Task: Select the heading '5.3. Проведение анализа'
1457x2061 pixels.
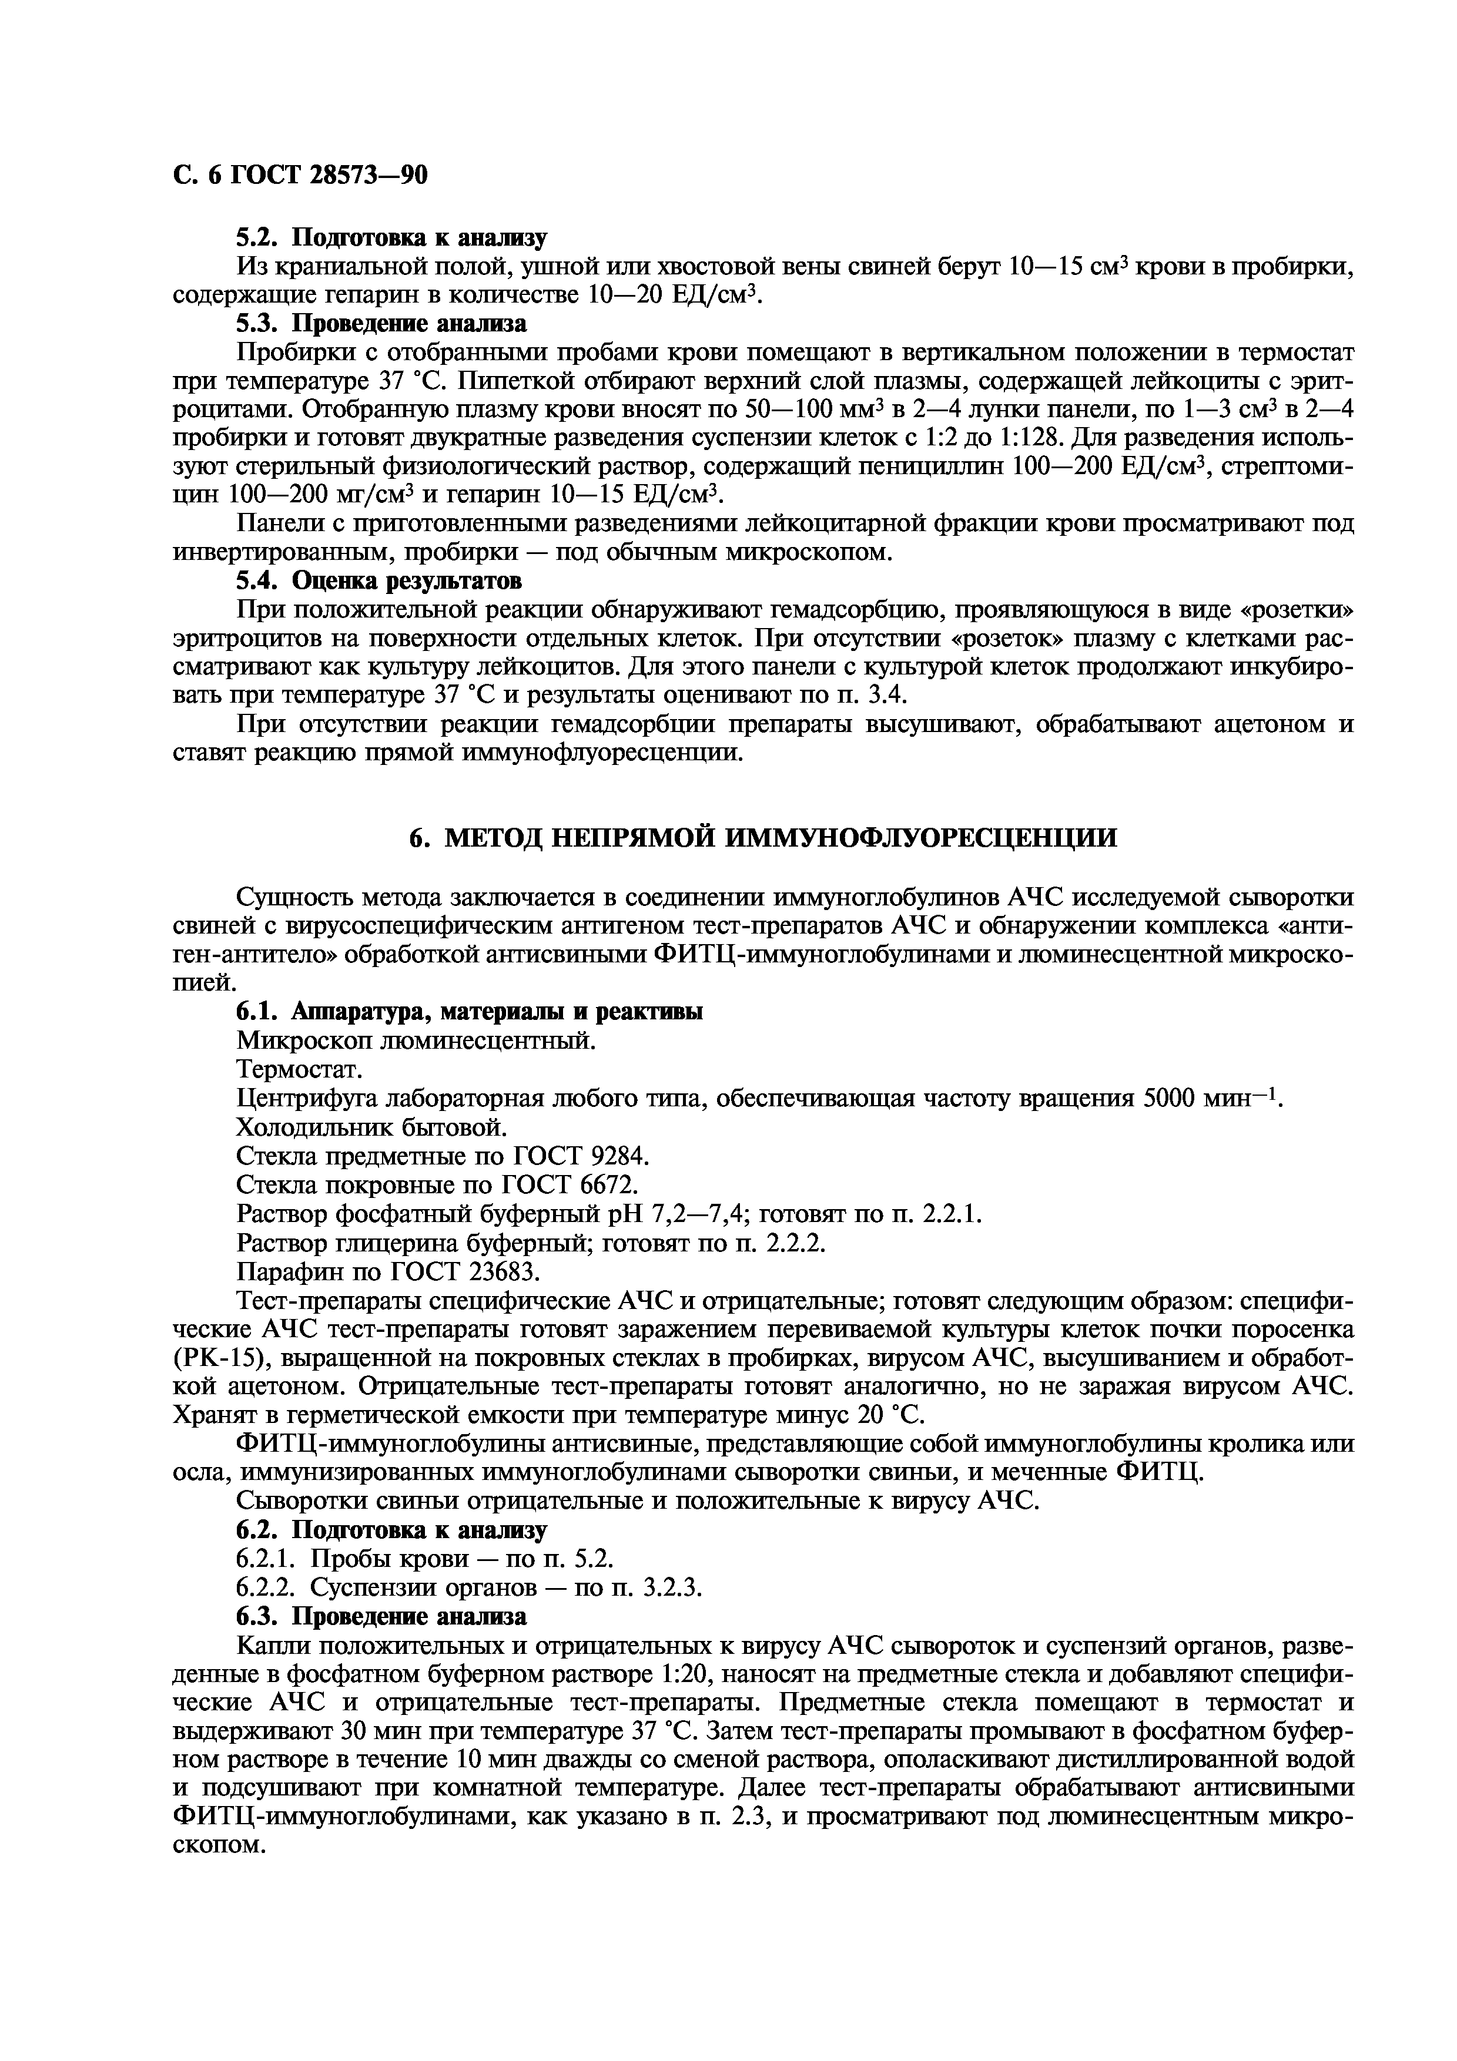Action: pos(381,323)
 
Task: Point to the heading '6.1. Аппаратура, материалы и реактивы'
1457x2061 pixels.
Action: pos(470,1012)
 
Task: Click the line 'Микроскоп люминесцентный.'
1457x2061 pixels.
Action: pos(416,1040)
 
